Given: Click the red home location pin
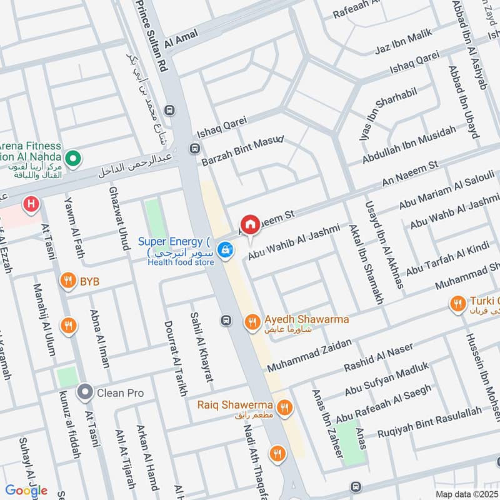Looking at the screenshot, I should tap(250, 224).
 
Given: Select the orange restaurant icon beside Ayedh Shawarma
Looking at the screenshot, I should tap(252, 321).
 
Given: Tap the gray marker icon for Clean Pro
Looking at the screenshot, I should tap(85, 392).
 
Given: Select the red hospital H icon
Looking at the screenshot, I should tap(29, 203).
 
